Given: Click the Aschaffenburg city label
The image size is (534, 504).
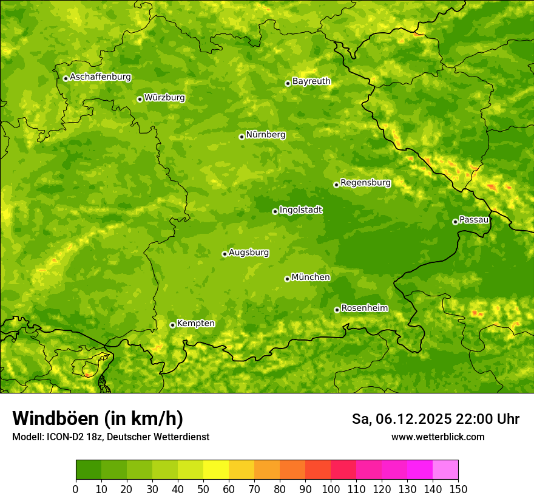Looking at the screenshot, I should coord(100,77).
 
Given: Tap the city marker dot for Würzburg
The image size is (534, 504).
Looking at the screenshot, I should coord(140,99).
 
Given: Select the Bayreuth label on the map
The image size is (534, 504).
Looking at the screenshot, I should coord(311,81).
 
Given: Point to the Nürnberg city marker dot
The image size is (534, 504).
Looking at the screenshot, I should coord(242,137).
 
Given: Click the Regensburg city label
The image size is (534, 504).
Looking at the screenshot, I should coord(365,183).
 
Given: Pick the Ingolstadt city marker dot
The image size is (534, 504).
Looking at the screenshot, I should coord(275,211).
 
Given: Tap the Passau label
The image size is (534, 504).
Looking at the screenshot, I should coord(474,220).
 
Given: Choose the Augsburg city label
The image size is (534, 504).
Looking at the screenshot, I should coord(249,253).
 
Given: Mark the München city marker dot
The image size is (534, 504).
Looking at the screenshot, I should coord(287,279).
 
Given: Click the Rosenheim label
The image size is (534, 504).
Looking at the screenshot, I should coord(364,308).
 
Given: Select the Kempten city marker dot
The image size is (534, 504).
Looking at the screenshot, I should coord(172,325).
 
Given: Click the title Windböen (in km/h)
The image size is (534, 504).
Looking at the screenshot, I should coord(97,418).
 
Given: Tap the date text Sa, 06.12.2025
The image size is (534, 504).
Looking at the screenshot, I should coord(402,419).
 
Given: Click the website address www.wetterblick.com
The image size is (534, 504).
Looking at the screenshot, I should coord(438,437).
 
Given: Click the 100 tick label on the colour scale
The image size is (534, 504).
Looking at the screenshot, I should coord(331,489).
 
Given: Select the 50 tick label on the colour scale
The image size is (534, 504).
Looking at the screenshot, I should coord(203,489).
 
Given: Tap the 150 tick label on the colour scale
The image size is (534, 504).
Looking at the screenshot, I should coord(458,489).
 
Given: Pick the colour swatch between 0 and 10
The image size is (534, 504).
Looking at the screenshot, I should coord(89,470).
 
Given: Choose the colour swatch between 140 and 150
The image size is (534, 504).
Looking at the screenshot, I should coord(445,470).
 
